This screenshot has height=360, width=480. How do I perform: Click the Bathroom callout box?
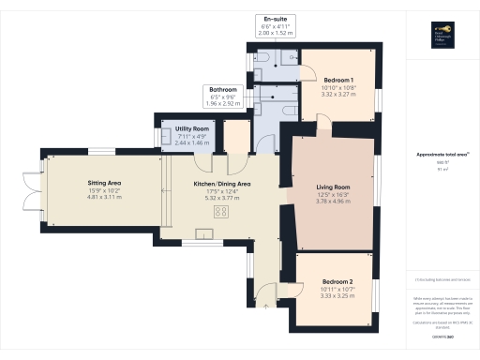(223, 95)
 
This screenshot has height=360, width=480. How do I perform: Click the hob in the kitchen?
(221, 212)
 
